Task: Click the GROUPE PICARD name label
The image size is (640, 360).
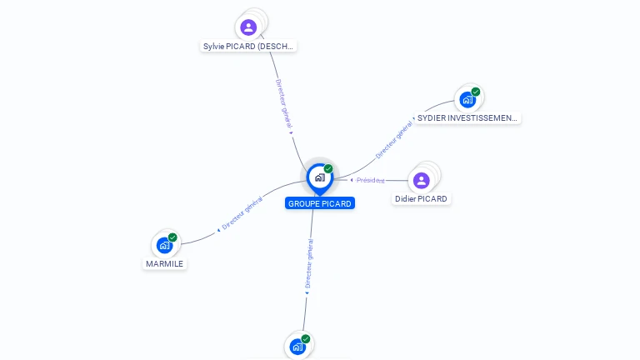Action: tap(320, 203)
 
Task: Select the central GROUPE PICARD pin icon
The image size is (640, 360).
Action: tap(319, 177)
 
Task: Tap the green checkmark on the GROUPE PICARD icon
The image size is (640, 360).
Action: tap(328, 169)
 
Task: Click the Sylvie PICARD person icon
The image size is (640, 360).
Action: tap(248, 27)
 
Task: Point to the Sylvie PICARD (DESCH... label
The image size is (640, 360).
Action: tap(248, 47)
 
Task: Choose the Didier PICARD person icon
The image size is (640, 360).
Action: tap(422, 180)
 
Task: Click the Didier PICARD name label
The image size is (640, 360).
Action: tap(422, 199)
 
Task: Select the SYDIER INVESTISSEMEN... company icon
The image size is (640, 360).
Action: tap(467, 100)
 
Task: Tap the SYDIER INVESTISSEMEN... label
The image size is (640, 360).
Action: tap(467, 118)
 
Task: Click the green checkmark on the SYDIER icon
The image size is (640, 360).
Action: tap(476, 92)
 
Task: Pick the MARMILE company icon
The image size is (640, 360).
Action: tap(165, 245)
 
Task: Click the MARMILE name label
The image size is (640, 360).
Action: tap(164, 263)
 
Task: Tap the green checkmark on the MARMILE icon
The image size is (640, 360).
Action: tap(172, 237)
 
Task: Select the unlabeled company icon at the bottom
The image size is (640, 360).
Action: tap(297, 347)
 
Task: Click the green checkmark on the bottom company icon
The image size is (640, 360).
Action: tap(306, 339)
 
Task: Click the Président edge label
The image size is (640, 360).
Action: tap(369, 180)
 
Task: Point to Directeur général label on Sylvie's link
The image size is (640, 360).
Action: tap(284, 104)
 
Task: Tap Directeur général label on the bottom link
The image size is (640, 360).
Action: tap(308, 264)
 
